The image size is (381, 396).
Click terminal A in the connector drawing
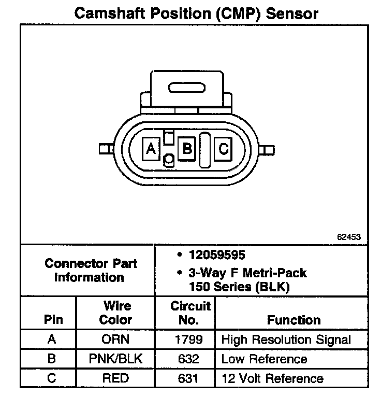pyautogui.click(x=151, y=149)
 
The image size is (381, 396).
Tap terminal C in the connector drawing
pyautogui.click(x=223, y=149)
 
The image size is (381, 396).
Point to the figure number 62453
pyautogui.click(x=348, y=236)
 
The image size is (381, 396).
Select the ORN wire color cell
pyautogui.click(x=115, y=340)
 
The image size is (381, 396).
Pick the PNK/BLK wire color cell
pyautogui.click(x=115, y=359)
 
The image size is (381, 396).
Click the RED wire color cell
pyautogui.click(x=115, y=378)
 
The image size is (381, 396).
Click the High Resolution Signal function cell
pyautogui.click(x=286, y=340)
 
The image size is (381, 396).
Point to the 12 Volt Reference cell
pyautogui.click(x=272, y=378)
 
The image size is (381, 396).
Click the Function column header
pyautogui.click(x=294, y=320)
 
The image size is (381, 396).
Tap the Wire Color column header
pyautogui.click(x=115, y=313)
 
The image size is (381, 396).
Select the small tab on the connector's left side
pyautogui.click(x=106, y=149)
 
